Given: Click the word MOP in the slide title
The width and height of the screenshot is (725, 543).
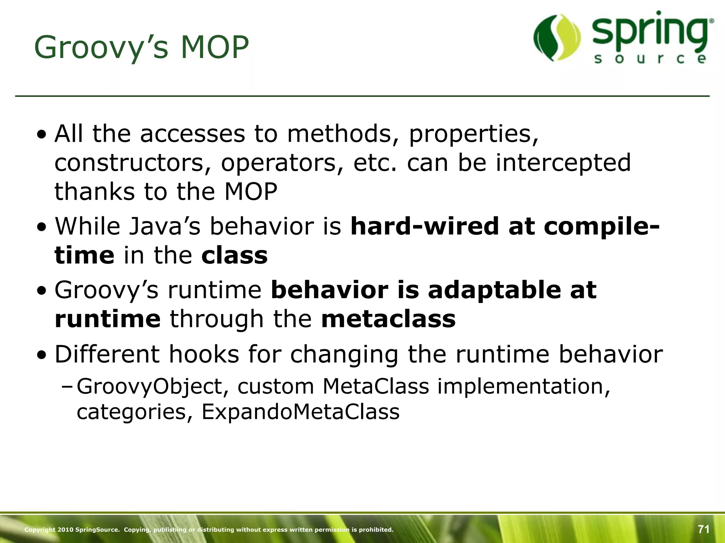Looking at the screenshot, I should coord(215,48).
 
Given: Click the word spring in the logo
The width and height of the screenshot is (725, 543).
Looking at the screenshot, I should coord(651,34).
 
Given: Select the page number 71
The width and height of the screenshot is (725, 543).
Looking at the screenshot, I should coord(704,529).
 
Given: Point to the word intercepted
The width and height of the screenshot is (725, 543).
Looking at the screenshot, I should coord(563,163).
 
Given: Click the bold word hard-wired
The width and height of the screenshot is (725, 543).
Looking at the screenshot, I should coord(424,226).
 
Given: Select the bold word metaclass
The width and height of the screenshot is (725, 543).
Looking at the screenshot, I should coord(388,319).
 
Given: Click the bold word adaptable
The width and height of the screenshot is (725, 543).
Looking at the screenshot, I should coord(494,290).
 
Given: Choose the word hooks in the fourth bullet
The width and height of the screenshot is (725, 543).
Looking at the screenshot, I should coord(204,354).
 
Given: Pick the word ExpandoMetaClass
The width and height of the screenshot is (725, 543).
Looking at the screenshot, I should coord(301,412).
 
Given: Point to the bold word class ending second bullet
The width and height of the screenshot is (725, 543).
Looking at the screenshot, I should coord(234,255).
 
